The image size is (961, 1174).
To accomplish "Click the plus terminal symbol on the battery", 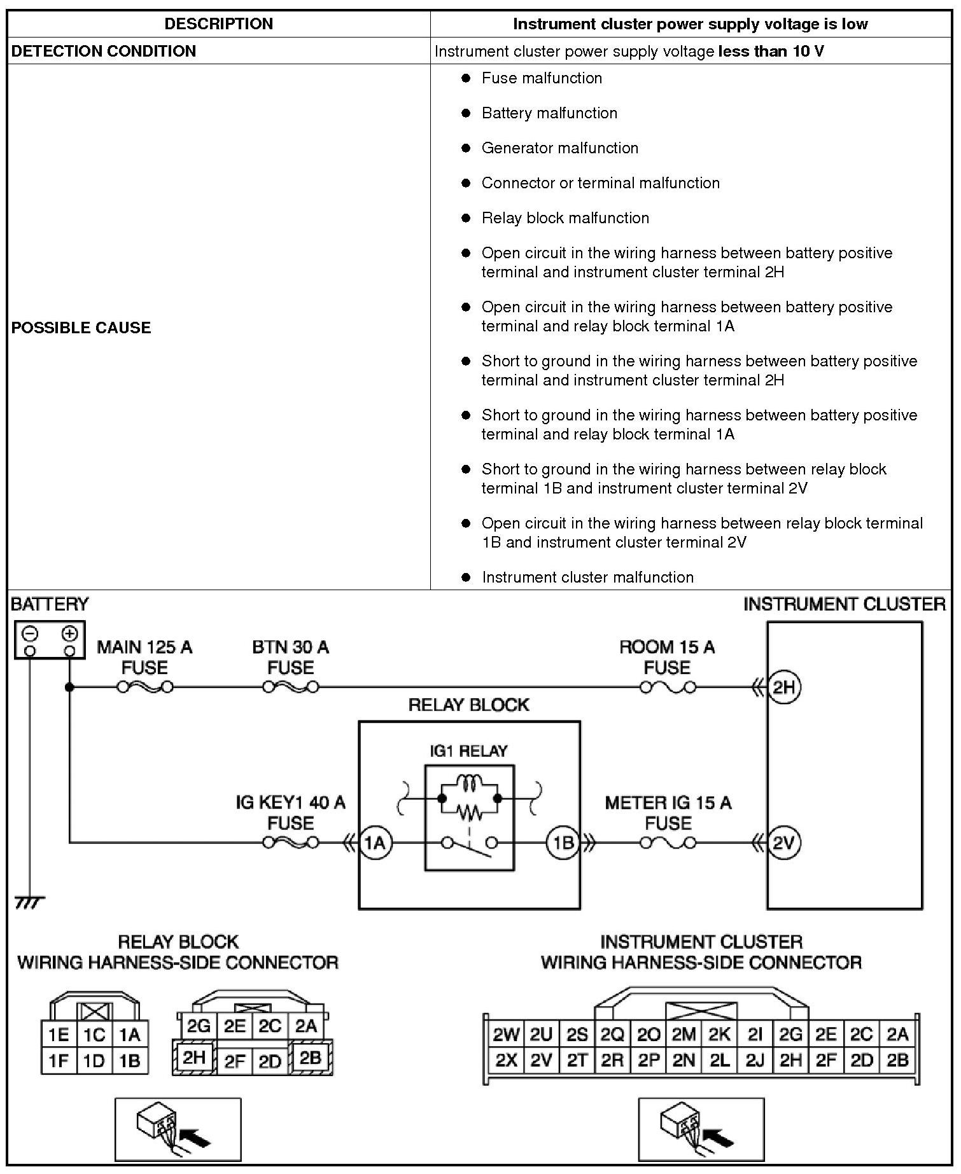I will click(70, 633).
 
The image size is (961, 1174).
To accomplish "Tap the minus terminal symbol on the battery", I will click(30, 633).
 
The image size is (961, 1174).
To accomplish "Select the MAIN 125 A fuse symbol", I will click(144, 687).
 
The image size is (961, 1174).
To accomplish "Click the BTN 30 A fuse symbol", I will click(290, 687).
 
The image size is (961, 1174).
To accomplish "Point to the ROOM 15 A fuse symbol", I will click(667, 687).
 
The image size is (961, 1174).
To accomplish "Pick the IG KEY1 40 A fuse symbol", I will click(290, 843).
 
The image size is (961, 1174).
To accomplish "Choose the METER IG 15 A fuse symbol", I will click(667, 843).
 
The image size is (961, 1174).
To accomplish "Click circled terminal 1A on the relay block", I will click(375, 843).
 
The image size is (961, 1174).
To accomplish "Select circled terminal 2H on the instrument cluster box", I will click(783, 687).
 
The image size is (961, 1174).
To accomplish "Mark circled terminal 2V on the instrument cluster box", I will click(783, 843).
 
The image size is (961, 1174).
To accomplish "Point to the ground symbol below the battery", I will click(29, 902).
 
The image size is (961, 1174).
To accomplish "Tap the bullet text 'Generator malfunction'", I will click(559, 148).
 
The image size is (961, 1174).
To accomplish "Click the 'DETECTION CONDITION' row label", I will click(104, 51).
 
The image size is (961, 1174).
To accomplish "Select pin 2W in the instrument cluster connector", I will click(506, 1035).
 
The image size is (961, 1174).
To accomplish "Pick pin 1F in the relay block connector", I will click(59, 1061).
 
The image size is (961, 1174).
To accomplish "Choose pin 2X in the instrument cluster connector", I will click(506, 1060).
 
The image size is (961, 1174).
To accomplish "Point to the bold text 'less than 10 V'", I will click(771, 51).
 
